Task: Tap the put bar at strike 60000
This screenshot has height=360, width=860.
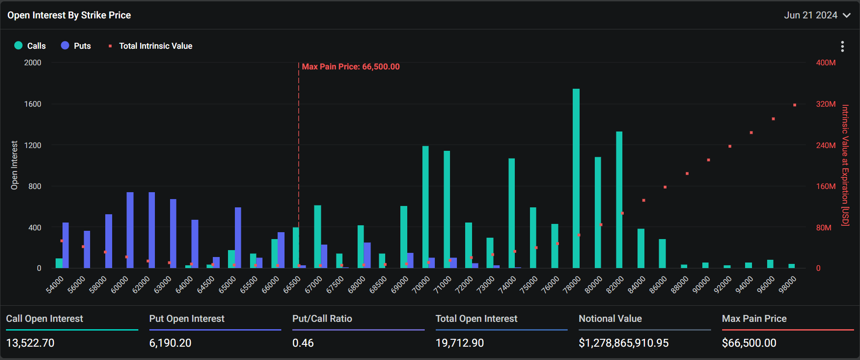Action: point(130,230)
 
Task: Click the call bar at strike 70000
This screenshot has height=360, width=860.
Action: point(425,207)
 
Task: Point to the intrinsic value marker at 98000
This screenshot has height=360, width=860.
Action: point(795,105)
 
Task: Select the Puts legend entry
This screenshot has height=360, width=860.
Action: point(76,46)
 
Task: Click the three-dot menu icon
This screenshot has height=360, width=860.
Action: point(842,46)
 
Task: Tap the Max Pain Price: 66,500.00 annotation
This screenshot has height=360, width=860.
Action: point(351,67)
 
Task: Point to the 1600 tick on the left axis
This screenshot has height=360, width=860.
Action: point(33,104)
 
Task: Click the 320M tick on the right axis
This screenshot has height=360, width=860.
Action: point(826,104)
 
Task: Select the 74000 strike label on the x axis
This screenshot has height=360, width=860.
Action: point(507,284)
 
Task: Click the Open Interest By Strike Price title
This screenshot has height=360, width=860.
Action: point(69,15)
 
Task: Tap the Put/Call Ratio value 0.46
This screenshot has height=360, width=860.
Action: point(303,343)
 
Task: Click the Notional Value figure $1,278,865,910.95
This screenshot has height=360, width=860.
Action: point(623,343)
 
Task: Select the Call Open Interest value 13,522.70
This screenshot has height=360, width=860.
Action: point(30,343)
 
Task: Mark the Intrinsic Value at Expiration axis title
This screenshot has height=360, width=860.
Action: point(845,166)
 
